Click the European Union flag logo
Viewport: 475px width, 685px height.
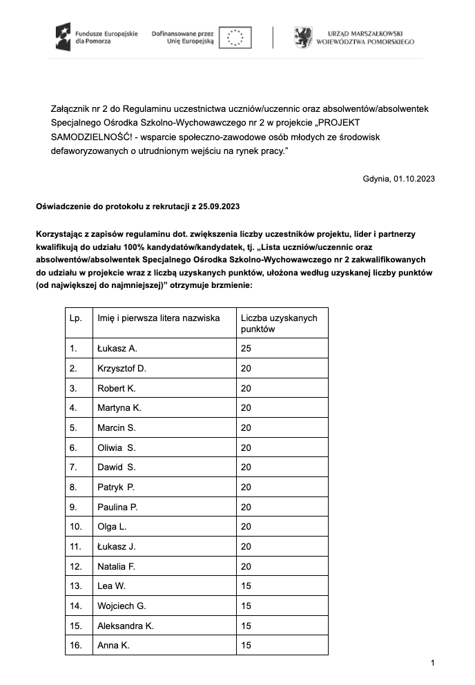[235, 37]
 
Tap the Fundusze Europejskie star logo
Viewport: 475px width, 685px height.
[64, 36]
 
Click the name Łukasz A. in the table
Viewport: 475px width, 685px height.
[117, 348]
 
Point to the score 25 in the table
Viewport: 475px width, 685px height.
[246, 348]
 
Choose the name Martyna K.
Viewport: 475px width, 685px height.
[119, 407]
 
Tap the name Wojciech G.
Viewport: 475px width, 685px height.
[122, 606]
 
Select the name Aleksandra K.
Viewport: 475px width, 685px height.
[126, 626]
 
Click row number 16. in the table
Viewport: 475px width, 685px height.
[76, 646]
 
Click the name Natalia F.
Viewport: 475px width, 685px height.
[116, 566]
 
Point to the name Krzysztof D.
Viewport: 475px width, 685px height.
[122, 368]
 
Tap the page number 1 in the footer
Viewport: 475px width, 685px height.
[432, 664]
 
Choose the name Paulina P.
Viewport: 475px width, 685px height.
[118, 507]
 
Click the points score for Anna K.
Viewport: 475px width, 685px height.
[246, 646]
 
